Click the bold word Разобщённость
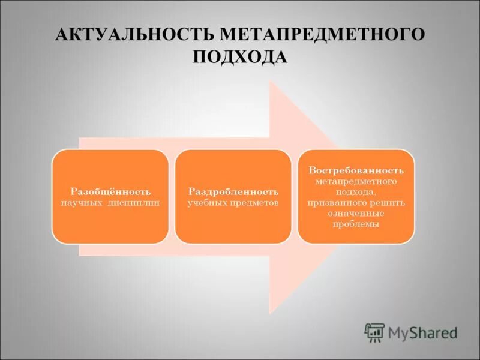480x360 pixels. pyautogui.click(x=110, y=191)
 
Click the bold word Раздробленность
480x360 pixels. pyautogui.click(x=233, y=191)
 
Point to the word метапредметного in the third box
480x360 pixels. pyautogui.click(x=356, y=181)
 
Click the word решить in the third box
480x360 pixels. pyautogui.click(x=390, y=202)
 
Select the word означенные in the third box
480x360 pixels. pyautogui.click(x=356, y=213)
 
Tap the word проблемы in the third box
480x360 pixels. pyautogui.click(x=356, y=224)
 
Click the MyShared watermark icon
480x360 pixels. pyautogui.click(x=374, y=331)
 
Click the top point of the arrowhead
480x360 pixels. pyautogui.click(x=271, y=83)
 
